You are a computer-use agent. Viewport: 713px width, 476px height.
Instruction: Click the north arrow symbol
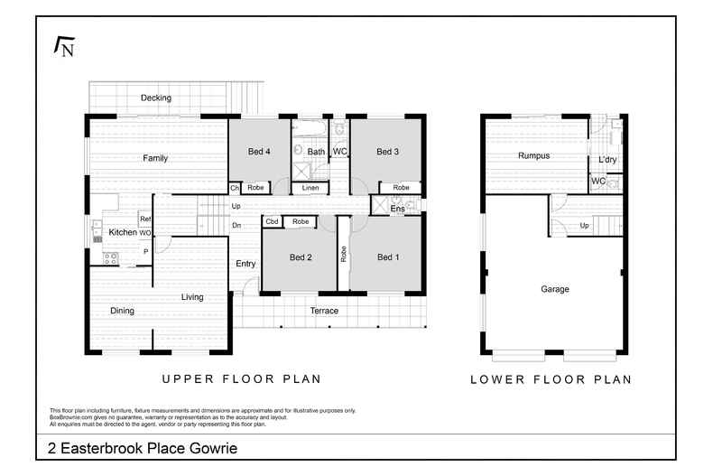pyautogui.click(x=64, y=47)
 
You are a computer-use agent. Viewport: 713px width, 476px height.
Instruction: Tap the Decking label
pyautogui.click(x=155, y=98)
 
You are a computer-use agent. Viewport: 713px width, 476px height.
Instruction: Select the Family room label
pyautogui.click(x=155, y=158)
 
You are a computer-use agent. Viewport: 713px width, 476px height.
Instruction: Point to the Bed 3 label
pyautogui.click(x=387, y=152)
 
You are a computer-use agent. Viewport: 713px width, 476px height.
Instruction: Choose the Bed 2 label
pyautogui.click(x=301, y=257)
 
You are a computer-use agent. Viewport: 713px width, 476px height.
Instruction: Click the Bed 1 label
pyautogui.click(x=387, y=257)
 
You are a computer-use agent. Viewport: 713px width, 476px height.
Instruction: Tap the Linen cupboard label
pyautogui.click(x=310, y=188)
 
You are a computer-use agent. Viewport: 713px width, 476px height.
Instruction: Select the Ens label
pyautogui.click(x=397, y=209)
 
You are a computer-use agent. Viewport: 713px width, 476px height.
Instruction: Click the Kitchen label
pyautogui.click(x=123, y=233)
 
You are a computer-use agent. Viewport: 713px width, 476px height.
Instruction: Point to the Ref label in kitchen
pyautogui.click(x=144, y=219)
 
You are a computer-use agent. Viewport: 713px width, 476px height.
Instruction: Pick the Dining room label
pyautogui.click(x=122, y=311)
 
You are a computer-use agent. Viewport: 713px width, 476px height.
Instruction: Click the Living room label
pyautogui.click(x=192, y=296)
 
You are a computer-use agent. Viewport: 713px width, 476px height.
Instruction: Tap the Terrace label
pyautogui.click(x=324, y=311)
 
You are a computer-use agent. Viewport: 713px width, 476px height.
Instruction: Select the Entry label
pyautogui.click(x=245, y=264)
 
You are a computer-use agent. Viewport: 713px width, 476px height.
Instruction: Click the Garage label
pyautogui.click(x=554, y=289)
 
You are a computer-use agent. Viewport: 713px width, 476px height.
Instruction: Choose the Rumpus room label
pyautogui.click(x=533, y=155)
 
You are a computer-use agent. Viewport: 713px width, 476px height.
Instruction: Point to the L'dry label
pyautogui.click(x=607, y=161)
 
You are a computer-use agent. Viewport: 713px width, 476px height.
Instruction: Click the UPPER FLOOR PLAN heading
pyautogui.click(x=241, y=379)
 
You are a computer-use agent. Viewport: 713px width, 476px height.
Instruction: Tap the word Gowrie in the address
pyautogui.click(x=214, y=448)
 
